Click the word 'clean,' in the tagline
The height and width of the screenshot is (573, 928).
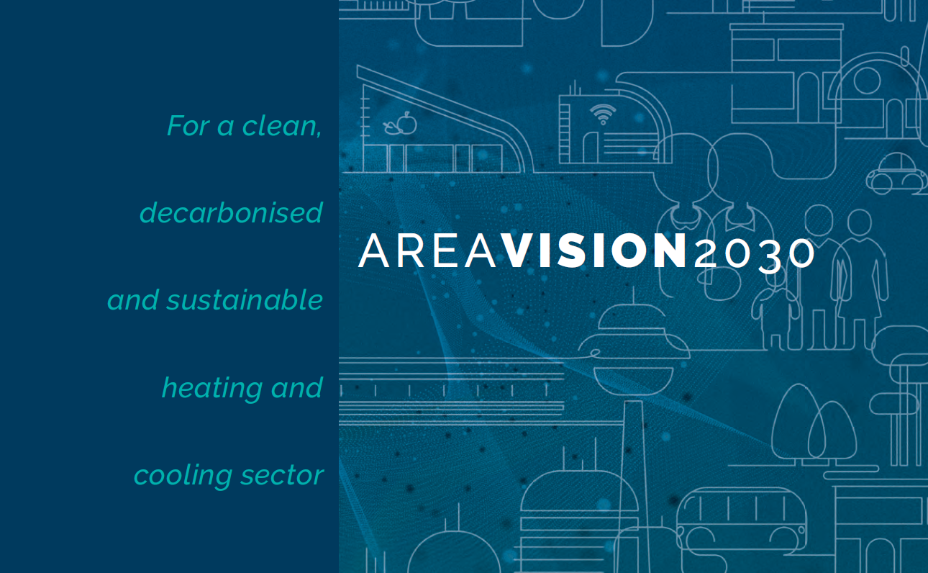click(282, 126)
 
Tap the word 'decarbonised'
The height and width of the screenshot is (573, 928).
click(231, 212)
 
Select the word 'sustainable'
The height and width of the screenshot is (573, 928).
click(245, 299)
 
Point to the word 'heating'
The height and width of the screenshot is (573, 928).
click(212, 389)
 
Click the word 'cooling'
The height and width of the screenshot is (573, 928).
click(183, 476)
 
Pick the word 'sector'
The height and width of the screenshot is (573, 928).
click(282, 475)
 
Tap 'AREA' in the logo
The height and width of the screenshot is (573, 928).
click(427, 251)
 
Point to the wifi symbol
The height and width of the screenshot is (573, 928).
click(603, 113)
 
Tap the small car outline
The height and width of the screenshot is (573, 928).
click(896, 173)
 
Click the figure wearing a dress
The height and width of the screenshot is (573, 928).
click(859, 279)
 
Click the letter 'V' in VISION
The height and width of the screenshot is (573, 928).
click(518, 251)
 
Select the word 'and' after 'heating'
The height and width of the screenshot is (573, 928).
click(296, 387)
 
